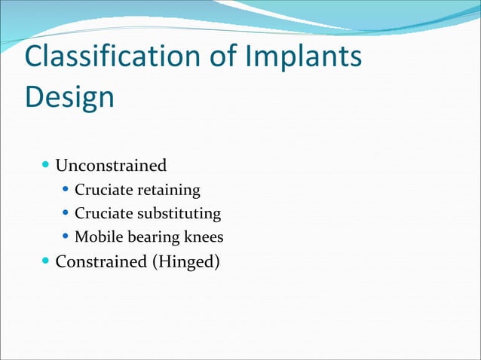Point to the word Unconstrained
pyautogui.click(x=111, y=165)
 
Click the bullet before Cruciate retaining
pyautogui.click(x=66, y=189)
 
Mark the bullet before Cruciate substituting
pyautogui.click(x=66, y=213)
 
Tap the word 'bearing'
pyautogui.click(x=149, y=238)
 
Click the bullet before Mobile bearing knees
pyautogui.click(x=66, y=237)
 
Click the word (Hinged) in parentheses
pyautogui.click(x=186, y=264)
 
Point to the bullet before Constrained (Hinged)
pyautogui.click(x=47, y=263)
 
